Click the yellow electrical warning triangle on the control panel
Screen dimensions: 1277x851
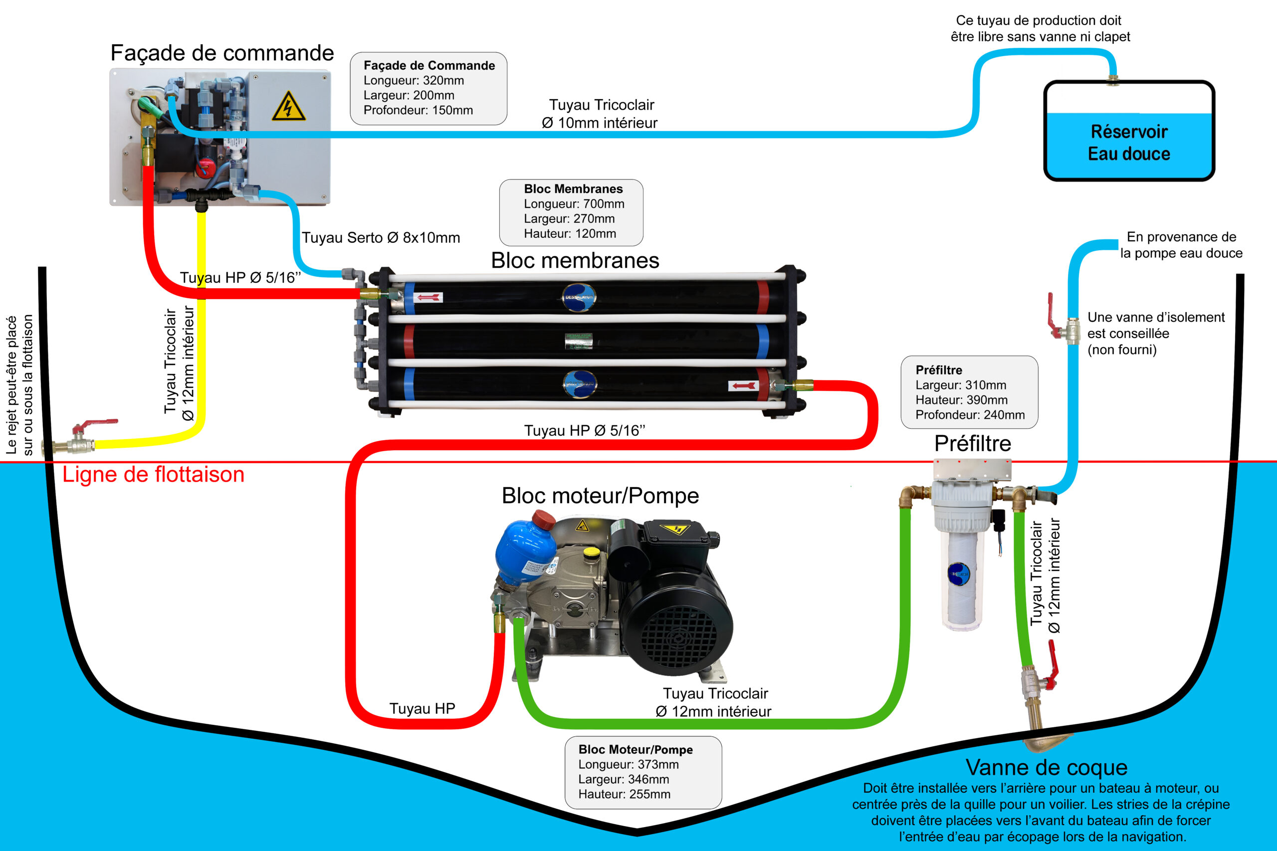pos(288,106)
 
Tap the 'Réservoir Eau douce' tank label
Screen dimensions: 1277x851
pos(1129,143)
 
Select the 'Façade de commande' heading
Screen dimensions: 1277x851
pos(222,53)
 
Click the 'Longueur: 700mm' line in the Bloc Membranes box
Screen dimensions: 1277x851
pos(574,204)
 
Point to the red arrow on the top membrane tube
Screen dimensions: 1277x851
pos(429,298)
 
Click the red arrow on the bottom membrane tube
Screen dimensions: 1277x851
pos(743,386)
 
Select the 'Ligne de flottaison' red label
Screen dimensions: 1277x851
pos(153,474)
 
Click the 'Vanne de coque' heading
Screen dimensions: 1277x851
pos(1046,767)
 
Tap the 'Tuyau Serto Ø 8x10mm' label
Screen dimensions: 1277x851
pos(381,238)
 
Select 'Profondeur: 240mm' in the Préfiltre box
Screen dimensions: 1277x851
pos(970,415)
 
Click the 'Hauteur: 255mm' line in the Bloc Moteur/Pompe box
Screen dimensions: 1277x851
pos(624,794)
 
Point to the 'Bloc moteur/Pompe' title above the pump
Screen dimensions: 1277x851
pos(600,496)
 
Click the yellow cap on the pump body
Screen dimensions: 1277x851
pos(591,552)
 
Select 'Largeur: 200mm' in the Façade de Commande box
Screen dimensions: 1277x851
pos(409,96)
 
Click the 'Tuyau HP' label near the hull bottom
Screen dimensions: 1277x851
pos(422,709)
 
